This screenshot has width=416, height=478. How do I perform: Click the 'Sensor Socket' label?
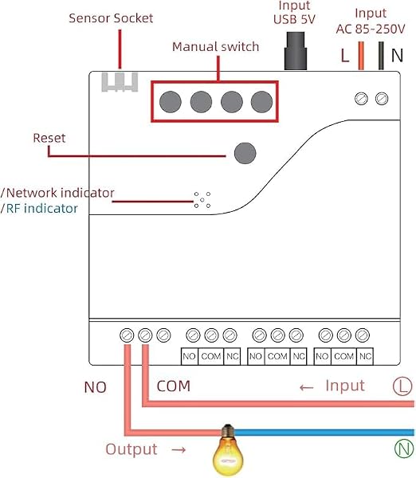click(111, 18)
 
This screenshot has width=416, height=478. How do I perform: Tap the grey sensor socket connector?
click(120, 82)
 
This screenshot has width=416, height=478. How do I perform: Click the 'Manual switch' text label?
click(215, 47)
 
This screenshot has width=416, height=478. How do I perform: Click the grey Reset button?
click(245, 153)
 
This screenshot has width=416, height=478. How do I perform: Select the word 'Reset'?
click(49, 138)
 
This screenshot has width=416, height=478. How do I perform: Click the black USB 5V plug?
click(295, 51)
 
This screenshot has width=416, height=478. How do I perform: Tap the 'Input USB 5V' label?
click(294, 13)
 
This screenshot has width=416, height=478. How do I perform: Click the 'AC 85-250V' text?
click(371, 29)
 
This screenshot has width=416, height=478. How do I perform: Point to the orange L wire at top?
click(361, 56)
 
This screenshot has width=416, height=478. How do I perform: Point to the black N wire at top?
click(381, 56)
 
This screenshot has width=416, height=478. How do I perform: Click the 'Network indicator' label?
click(60, 193)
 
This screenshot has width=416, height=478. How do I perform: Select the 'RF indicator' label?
click(41, 209)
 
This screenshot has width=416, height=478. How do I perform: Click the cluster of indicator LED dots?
click(202, 200)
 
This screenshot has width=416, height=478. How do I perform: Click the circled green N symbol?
click(404, 449)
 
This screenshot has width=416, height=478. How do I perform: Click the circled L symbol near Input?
click(402, 386)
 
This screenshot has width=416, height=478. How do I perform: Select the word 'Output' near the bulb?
click(131, 449)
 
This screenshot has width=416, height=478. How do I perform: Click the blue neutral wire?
click(324, 433)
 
